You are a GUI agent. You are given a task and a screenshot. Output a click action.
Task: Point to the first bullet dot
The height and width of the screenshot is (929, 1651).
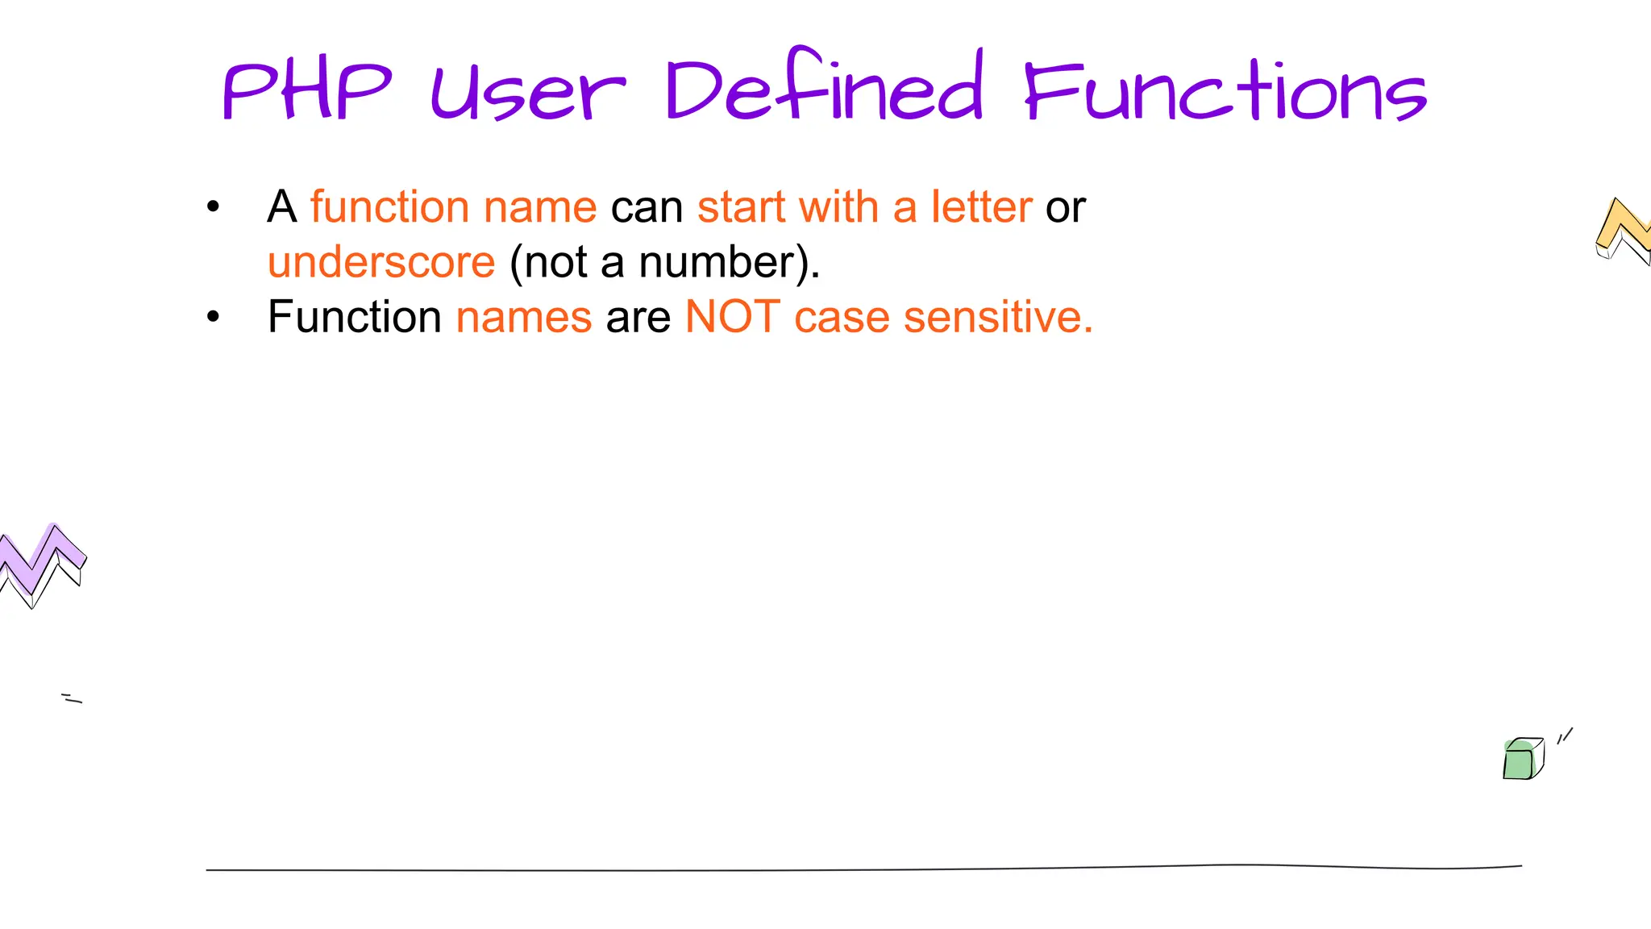click(x=213, y=206)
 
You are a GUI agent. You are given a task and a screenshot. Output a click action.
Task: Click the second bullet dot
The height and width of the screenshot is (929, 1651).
click(x=213, y=316)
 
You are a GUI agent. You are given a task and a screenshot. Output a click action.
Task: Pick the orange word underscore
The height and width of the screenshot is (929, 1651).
click(x=381, y=262)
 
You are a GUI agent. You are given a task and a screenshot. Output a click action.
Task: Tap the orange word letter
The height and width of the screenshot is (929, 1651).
click(x=981, y=206)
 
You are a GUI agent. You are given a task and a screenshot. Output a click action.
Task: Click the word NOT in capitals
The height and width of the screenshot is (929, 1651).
click(x=732, y=316)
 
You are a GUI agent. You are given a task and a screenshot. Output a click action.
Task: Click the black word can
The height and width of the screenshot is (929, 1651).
click(x=647, y=207)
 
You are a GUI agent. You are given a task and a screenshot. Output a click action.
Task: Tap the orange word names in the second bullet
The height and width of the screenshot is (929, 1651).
click(x=524, y=317)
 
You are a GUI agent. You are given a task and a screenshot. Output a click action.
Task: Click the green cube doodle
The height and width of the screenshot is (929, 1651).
click(x=1523, y=759)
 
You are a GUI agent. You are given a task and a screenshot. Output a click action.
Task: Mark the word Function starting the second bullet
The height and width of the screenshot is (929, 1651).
click(x=354, y=316)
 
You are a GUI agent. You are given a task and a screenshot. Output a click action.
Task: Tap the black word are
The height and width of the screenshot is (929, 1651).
click(x=638, y=317)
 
